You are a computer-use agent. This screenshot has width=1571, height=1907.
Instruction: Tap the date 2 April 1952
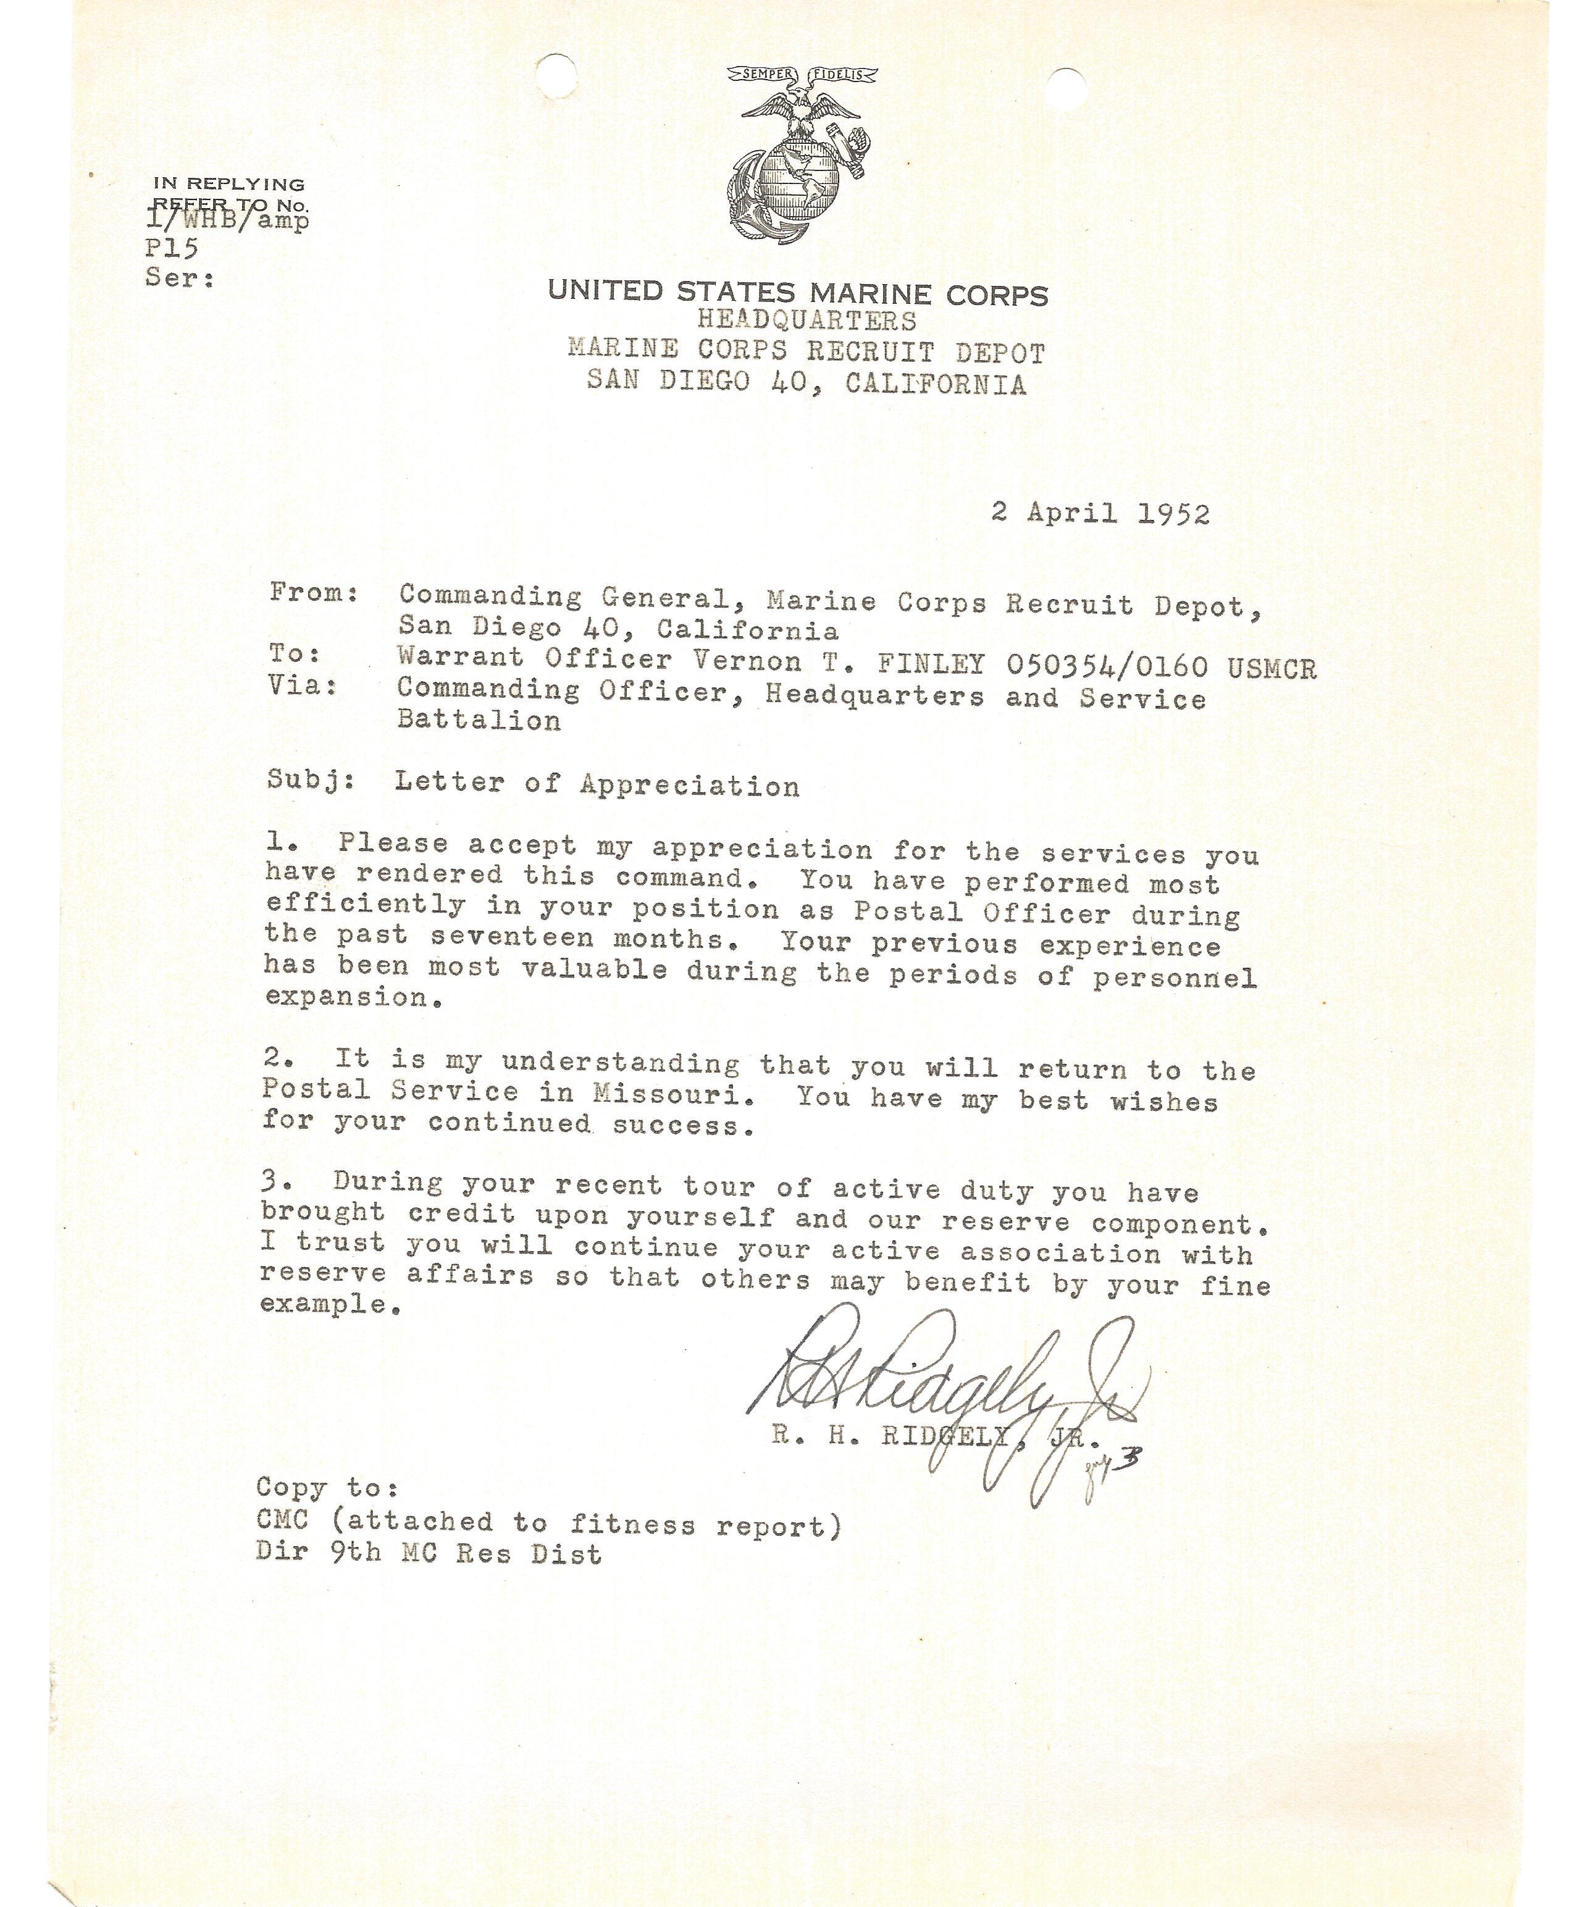1100,514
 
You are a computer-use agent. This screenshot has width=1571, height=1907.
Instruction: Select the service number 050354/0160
1107,667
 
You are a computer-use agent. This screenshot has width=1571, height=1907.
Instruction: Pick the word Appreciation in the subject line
690,786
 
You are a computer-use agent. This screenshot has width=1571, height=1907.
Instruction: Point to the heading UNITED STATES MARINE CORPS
797,292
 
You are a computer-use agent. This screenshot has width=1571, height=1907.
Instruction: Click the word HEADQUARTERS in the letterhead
806,321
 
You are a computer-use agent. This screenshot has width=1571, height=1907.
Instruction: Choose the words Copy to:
327,1488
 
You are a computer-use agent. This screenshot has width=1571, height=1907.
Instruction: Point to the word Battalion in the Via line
479,721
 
